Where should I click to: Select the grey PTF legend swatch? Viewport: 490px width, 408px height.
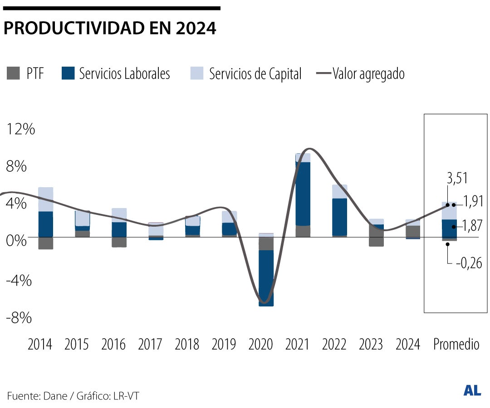[x=14, y=73]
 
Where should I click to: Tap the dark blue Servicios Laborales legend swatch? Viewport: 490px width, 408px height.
[x=68, y=73]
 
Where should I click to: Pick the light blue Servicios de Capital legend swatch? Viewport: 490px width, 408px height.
[x=197, y=73]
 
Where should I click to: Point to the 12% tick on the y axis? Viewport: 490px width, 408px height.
[x=20, y=130]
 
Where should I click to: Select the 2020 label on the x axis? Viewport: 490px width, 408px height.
[x=261, y=345]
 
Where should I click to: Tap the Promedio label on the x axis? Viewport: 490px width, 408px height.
[x=456, y=345]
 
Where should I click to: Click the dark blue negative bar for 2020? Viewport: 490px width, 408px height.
[x=266, y=278]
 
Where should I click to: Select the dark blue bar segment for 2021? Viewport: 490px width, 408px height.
[x=303, y=194]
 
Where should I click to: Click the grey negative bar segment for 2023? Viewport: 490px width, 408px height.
[x=377, y=242]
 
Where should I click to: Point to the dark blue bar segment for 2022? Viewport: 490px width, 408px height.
[x=340, y=217]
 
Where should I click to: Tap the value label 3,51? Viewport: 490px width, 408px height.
[x=457, y=179]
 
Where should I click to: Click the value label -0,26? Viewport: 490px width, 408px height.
[x=469, y=263]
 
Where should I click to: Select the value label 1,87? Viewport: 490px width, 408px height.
[x=472, y=226]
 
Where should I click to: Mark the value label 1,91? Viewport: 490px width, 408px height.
[x=473, y=201]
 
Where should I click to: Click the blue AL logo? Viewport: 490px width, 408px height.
[x=472, y=390]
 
